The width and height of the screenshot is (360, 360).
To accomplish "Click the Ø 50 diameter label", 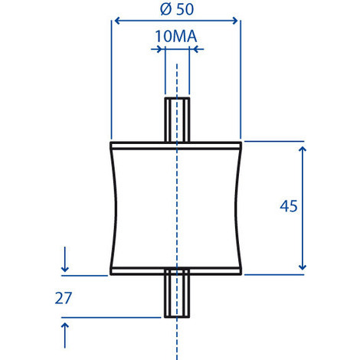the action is (177, 9).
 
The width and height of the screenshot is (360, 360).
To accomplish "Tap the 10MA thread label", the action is (176, 36).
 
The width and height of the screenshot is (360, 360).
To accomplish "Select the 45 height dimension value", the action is (289, 206).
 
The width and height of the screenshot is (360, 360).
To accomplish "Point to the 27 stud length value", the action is (64, 298).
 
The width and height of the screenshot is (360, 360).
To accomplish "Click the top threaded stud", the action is (177, 119).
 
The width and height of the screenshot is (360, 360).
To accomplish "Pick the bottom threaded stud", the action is (177, 293).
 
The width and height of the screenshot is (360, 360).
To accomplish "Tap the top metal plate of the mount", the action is (176, 146).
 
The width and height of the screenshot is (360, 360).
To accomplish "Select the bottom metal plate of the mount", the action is (176, 271).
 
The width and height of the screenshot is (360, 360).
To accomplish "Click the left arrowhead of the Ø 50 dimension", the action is (117, 21).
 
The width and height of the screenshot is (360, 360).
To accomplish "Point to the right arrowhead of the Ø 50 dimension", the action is (234, 21).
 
